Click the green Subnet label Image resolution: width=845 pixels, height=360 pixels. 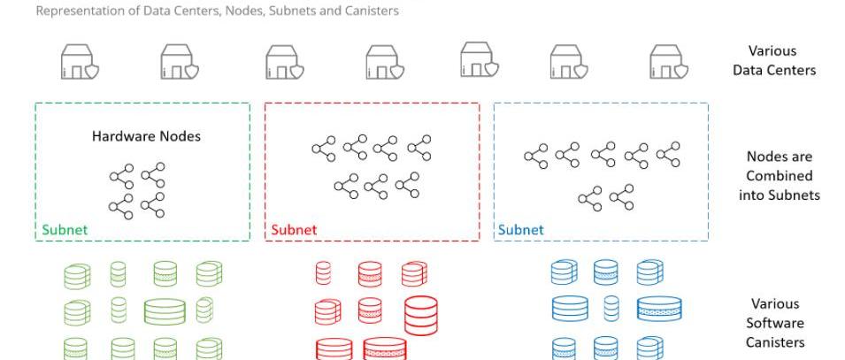coord(65,230)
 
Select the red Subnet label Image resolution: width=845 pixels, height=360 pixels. coord(294,230)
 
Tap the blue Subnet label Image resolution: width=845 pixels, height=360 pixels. coord(520,230)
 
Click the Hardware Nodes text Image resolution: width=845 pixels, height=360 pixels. coord(146,136)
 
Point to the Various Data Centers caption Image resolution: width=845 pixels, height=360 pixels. coord(773,60)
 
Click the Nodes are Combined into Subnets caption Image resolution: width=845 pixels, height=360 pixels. coord(779,175)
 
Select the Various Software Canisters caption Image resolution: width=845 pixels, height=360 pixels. coord(773,323)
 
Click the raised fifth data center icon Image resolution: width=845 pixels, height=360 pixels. coord(479,59)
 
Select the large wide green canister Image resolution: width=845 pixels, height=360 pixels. coord(165,310)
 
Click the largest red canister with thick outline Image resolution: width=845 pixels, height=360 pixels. coord(421,314)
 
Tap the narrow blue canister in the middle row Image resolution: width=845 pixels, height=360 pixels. coord(611,310)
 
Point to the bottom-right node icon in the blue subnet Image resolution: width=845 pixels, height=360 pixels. coord(622,196)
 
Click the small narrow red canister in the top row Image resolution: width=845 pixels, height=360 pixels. coord(324,273)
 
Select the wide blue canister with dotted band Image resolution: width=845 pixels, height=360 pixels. coord(659,309)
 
